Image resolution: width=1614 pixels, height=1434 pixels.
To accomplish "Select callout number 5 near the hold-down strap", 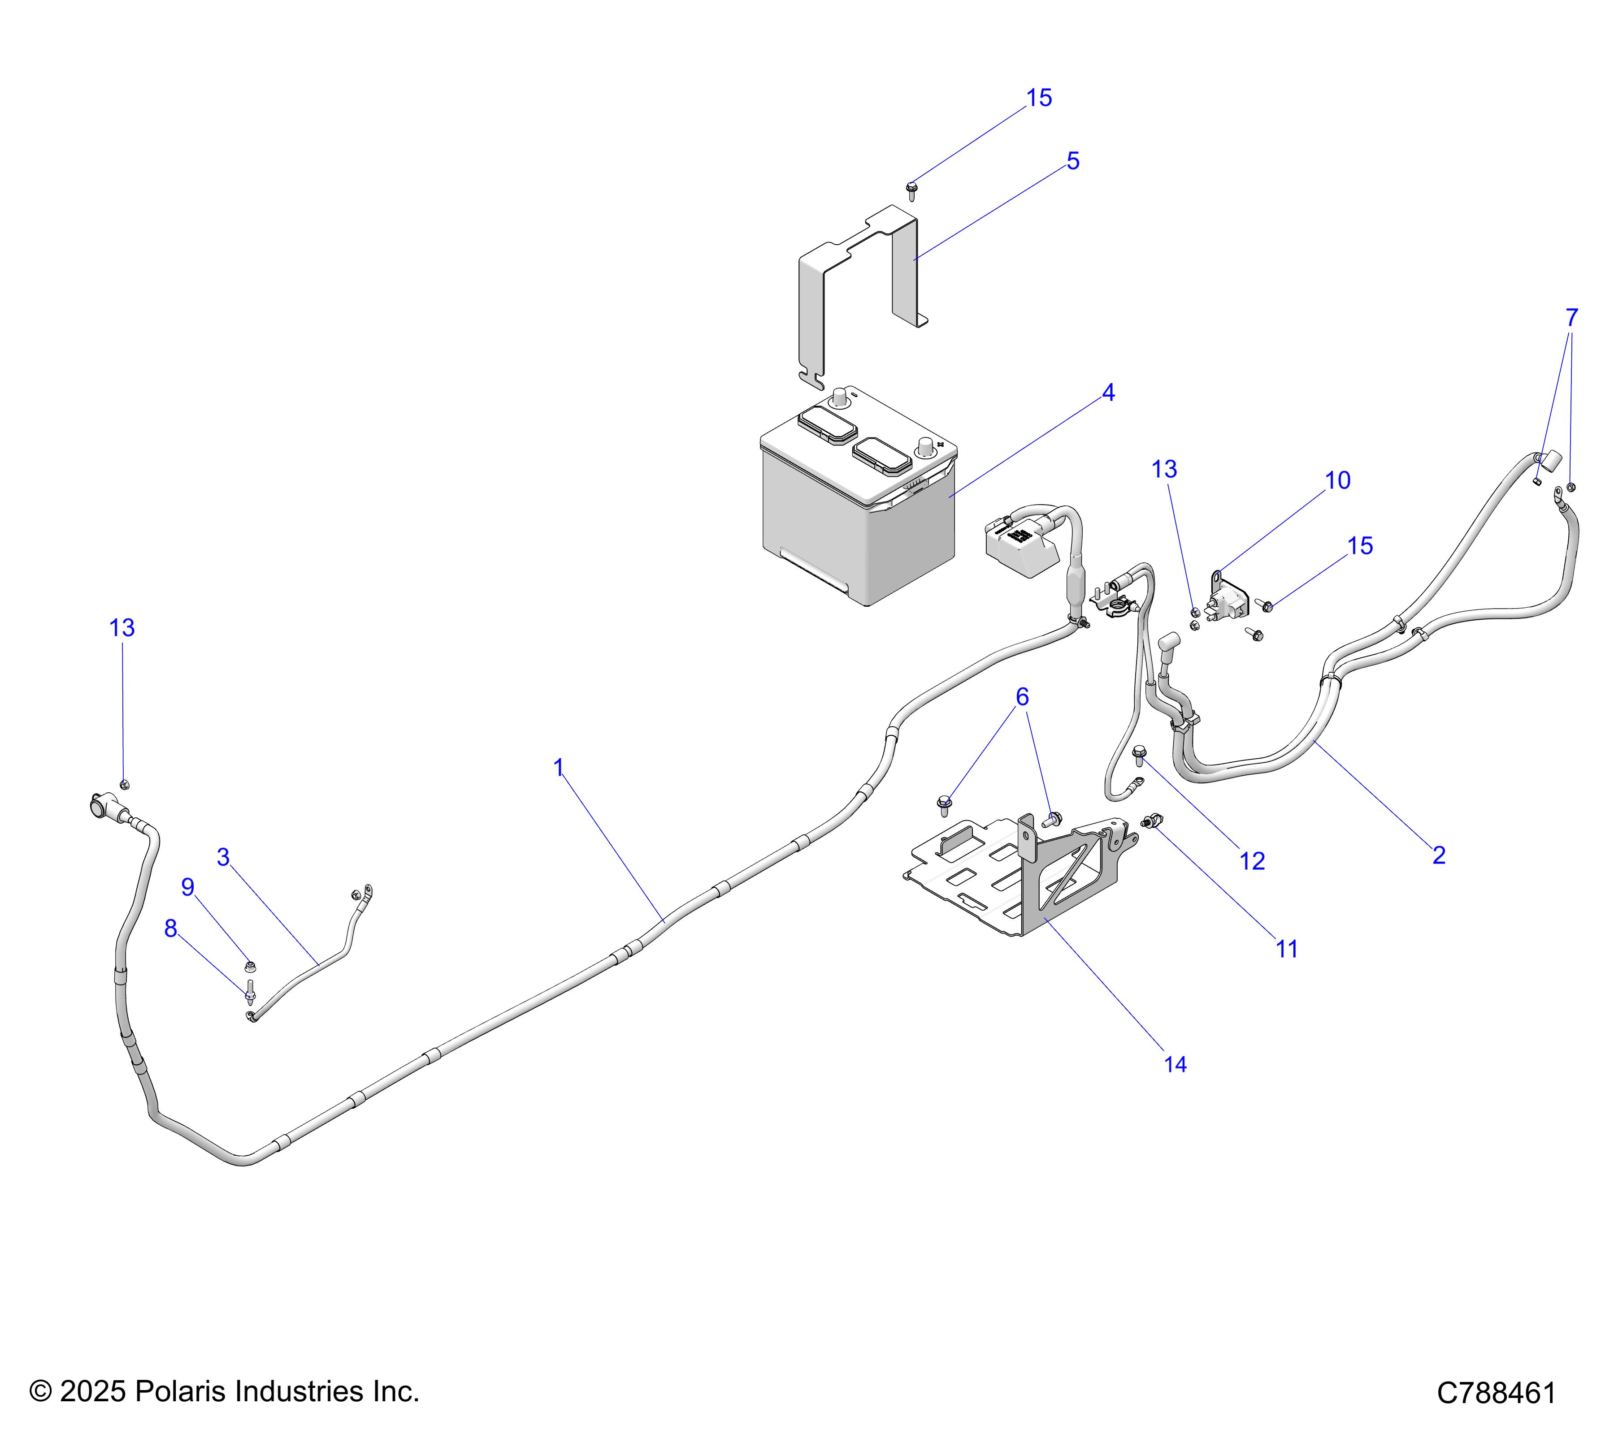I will (1073, 161).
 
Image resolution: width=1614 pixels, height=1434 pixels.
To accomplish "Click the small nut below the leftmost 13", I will (124, 784).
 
